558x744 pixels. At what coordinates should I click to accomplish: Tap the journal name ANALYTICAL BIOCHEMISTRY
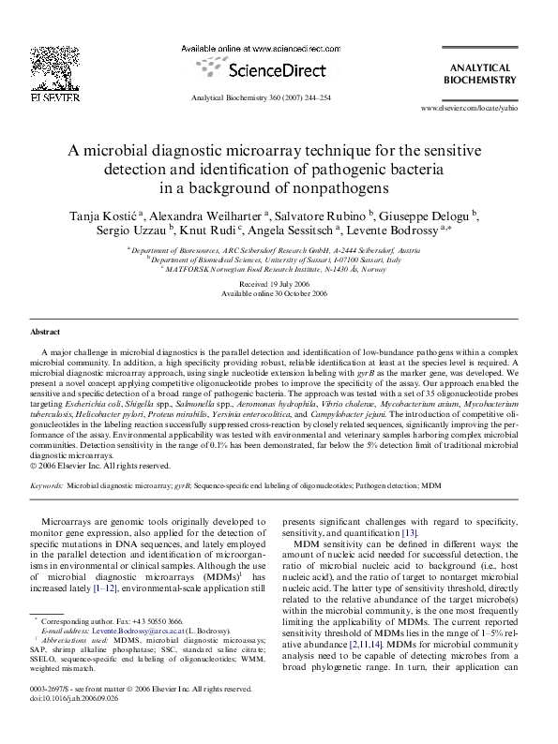coord(479,74)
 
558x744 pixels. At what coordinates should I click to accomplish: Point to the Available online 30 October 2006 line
coord(279,292)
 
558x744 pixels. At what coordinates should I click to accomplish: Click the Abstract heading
coord(46,333)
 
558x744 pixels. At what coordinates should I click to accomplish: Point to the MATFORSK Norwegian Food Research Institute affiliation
coord(279,268)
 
